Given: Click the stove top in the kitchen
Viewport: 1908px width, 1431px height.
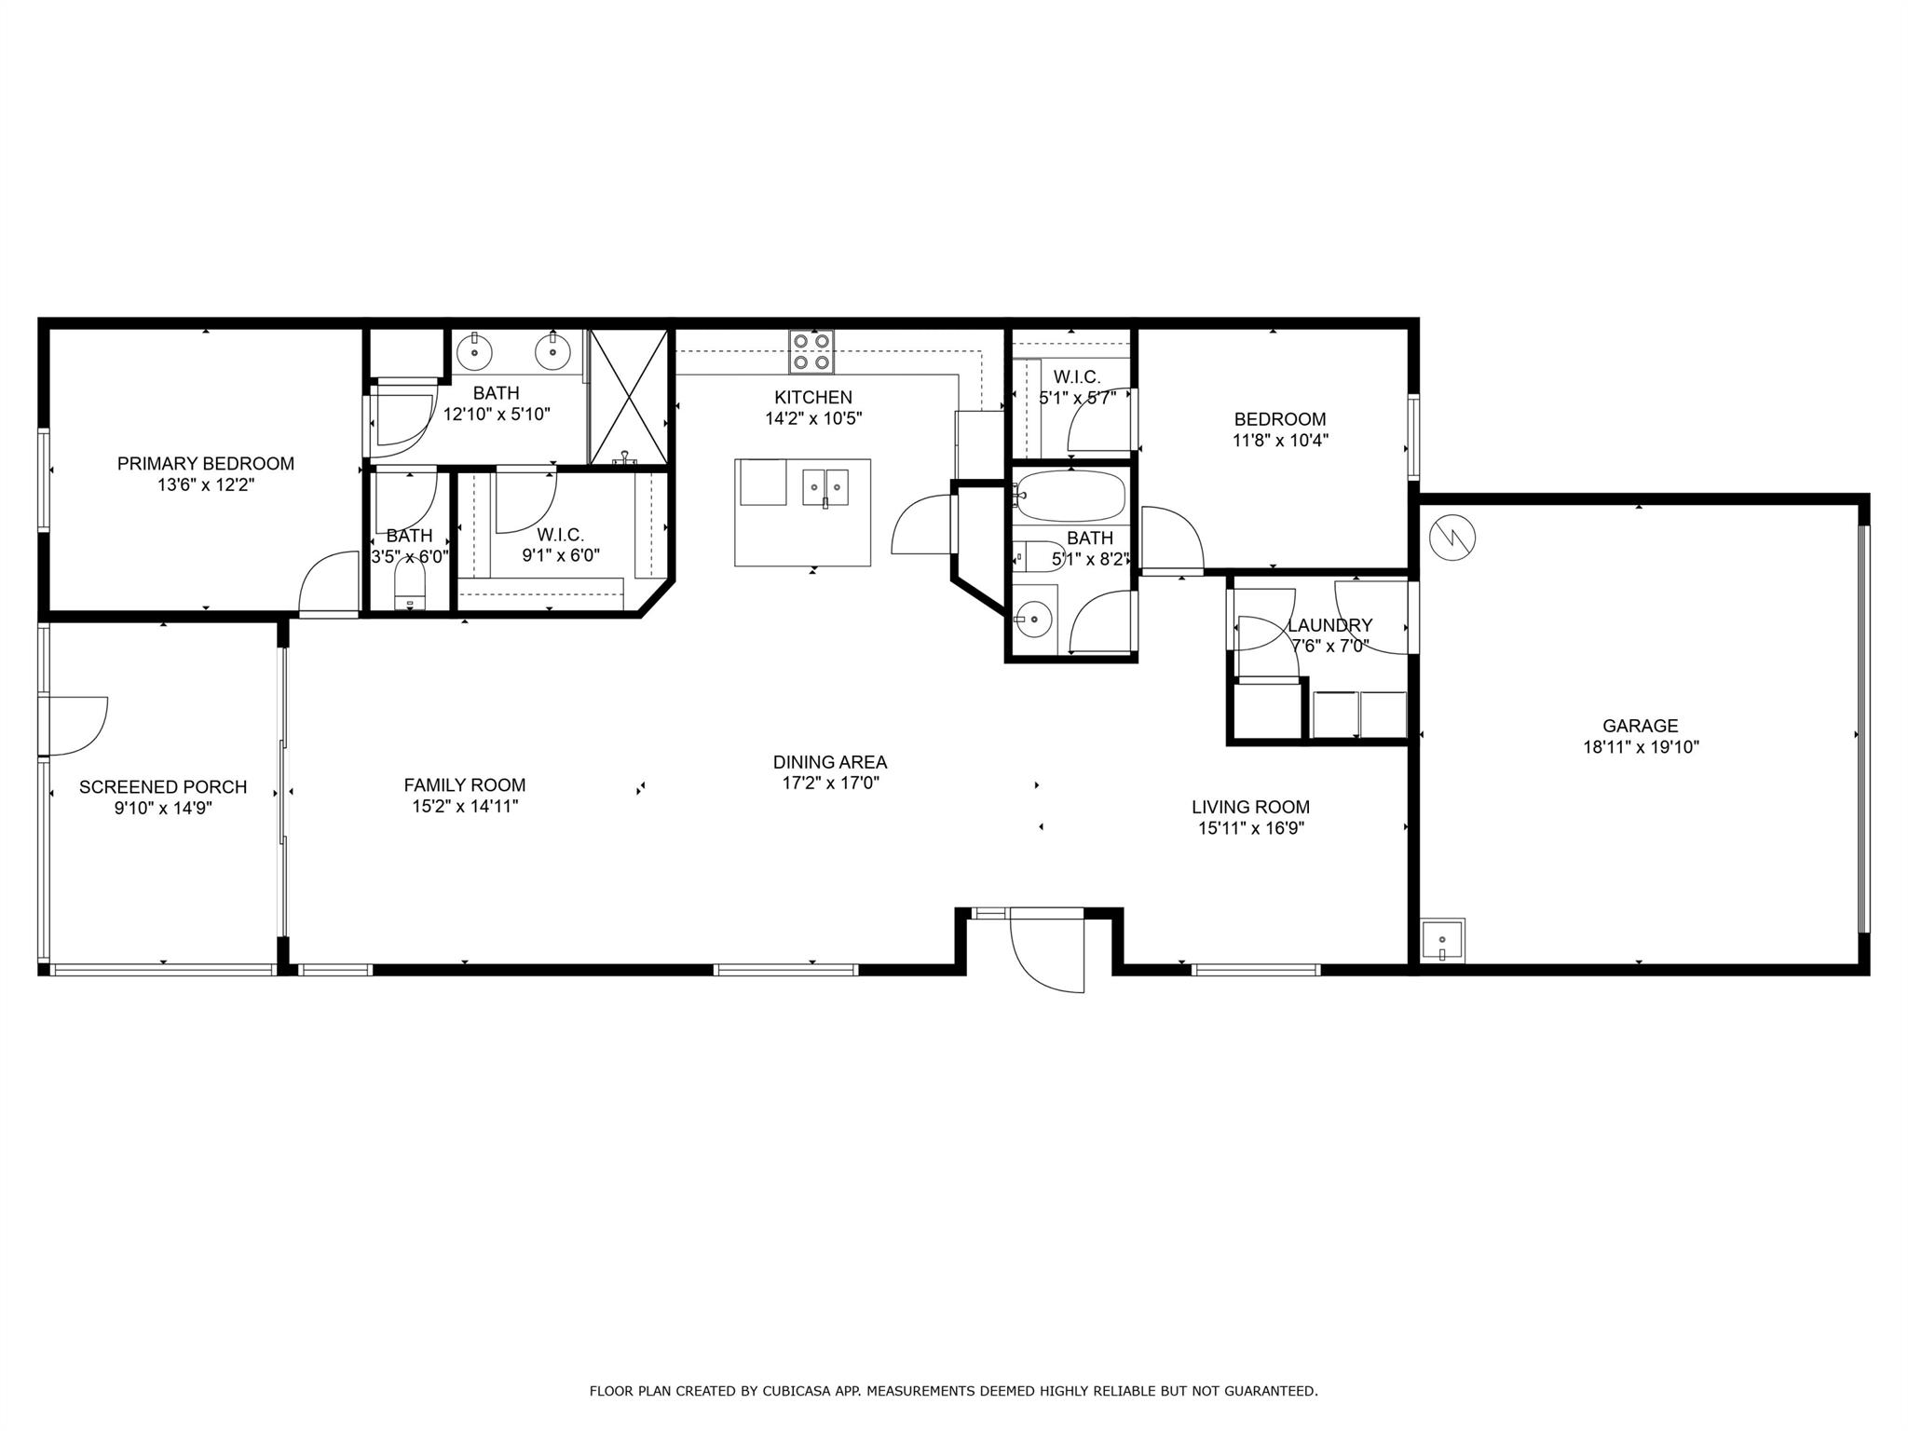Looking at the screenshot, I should (811, 352).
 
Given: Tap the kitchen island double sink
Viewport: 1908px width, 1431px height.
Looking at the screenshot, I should (825, 486).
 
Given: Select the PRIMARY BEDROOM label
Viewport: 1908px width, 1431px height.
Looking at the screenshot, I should (206, 463).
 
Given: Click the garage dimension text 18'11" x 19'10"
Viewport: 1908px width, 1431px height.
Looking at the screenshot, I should (1641, 746).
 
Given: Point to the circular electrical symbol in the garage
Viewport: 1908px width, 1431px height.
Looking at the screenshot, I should (1451, 537).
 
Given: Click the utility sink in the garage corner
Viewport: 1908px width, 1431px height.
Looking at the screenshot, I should (1442, 940).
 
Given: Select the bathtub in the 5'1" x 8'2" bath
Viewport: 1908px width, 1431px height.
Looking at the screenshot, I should (1071, 496).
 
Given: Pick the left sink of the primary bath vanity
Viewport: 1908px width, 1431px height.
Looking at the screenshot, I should (477, 352).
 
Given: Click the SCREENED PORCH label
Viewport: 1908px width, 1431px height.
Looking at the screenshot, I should (163, 787).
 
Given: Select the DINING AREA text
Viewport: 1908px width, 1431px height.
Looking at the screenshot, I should (830, 762).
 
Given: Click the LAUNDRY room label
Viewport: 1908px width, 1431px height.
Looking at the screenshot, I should (1329, 625).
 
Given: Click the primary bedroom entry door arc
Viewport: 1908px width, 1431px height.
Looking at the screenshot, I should (329, 582).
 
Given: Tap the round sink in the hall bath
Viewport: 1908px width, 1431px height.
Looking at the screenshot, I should (1032, 618).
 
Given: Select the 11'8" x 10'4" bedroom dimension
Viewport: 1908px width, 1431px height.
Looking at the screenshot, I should (1280, 441).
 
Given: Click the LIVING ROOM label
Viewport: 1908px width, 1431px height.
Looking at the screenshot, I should (1250, 807).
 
